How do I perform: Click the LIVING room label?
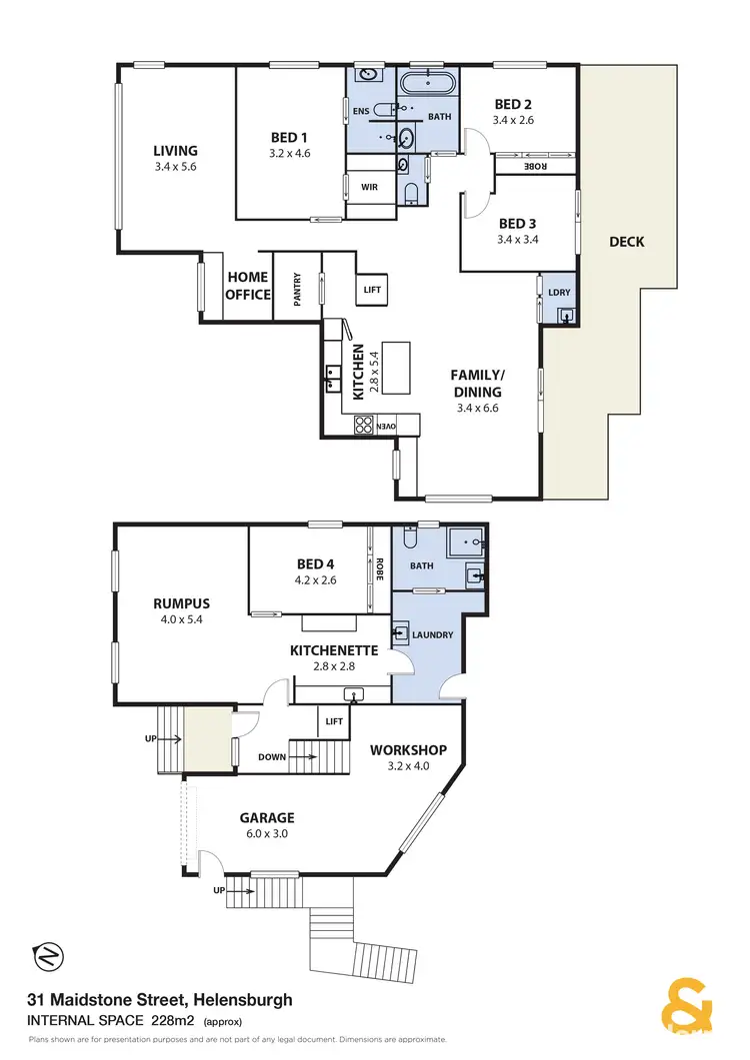pyautogui.click(x=175, y=151)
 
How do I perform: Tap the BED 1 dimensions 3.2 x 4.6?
pyautogui.click(x=289, y=155)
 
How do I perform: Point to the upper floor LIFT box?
pyautogui.click(x=372, y=290)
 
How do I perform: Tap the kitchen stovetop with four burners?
pyautogui.click(x=362, y=426)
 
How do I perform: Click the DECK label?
pyautogui.click(x=626, y=242)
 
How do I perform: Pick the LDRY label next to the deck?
pyautogui.click(x=558, y=292)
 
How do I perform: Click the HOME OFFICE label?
pyautogui.click(x=247, y=286)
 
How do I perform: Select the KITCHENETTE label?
pyautogui.click(x=333, y=650)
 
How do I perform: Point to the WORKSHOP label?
pyautogui.click(x=408, y=749)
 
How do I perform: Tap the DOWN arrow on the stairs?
pyautogui.click(x=272, y=757)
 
